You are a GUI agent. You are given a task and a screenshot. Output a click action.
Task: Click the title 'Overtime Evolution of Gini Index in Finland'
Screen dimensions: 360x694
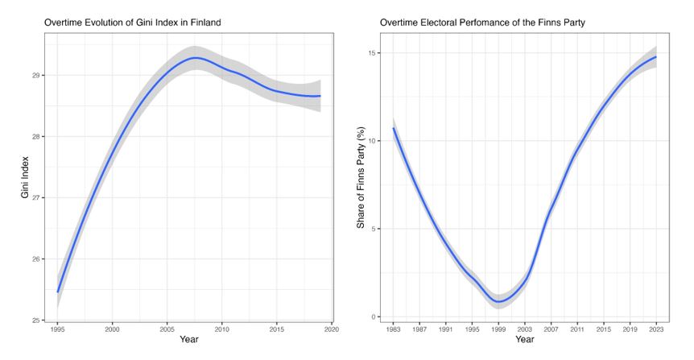[x=132, y=22]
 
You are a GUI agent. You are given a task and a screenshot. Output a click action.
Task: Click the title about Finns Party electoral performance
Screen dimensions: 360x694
[x=482, y=22]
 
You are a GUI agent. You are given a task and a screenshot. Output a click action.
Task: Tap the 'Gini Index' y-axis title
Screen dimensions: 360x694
[x=25, y=184]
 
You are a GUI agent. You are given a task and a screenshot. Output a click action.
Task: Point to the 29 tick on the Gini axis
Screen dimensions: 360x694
[x=41, y=75]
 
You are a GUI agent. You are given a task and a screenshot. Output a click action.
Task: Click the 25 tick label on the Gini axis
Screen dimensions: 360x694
[x=41, y=321]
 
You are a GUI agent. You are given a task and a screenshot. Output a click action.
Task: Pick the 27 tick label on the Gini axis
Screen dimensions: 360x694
[x=41, y=198]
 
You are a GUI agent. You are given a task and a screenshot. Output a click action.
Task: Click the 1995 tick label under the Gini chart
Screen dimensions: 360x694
[x=58, y=329]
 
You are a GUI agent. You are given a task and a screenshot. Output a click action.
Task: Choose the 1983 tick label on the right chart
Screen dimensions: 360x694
[x=394, y=329]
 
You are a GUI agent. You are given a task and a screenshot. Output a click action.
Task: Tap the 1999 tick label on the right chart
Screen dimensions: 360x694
[x=499, y=329]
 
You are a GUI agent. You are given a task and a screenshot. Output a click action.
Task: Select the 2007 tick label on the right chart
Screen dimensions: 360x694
[x=551, y=329]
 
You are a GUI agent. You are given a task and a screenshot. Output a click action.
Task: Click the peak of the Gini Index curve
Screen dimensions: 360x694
[x=195, y=58]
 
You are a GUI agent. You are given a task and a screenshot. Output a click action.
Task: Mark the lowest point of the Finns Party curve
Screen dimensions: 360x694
[x=499, y=302]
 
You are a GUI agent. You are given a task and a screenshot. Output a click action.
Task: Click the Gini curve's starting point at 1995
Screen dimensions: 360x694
[x=58, y=292]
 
